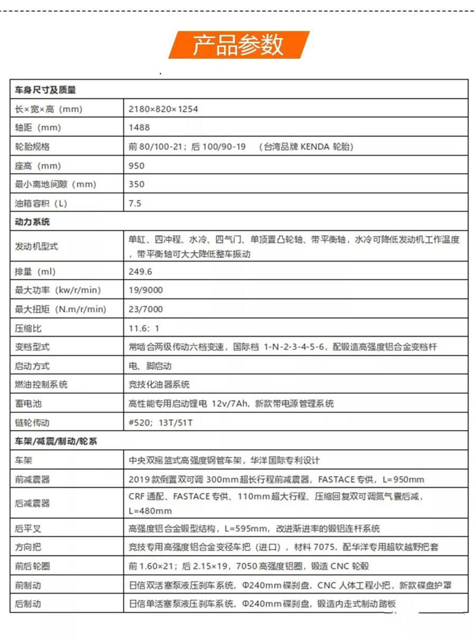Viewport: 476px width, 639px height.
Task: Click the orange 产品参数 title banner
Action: (238, 45)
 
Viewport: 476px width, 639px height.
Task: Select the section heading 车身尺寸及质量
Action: (45, 89)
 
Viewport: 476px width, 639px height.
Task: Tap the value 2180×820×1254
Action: (163, 109)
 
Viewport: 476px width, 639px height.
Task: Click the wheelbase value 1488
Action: (139, 127)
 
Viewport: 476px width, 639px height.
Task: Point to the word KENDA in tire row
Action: (315, 147)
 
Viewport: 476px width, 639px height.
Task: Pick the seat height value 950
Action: (136, 166)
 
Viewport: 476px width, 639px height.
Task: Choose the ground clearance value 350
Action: (136, 184)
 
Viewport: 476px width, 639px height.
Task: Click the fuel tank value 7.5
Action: (135, 203)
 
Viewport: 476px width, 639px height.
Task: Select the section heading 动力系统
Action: (32, 222)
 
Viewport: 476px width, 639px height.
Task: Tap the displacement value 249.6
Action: (140, 272)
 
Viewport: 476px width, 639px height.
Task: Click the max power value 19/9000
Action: (145, 290)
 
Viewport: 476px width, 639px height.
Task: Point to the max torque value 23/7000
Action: (145, 309)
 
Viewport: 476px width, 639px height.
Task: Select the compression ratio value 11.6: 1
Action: (143, 328)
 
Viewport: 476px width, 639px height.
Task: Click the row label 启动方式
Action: (32, 366)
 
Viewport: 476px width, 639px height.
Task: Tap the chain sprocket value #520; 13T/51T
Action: (160, 423)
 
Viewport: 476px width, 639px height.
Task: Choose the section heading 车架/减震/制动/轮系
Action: (56, 441)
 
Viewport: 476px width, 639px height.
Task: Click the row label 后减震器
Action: (32, 503)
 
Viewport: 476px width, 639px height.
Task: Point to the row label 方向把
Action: (28, 547)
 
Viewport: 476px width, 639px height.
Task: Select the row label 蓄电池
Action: (28, 403)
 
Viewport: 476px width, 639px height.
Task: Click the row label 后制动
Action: (28, 603)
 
